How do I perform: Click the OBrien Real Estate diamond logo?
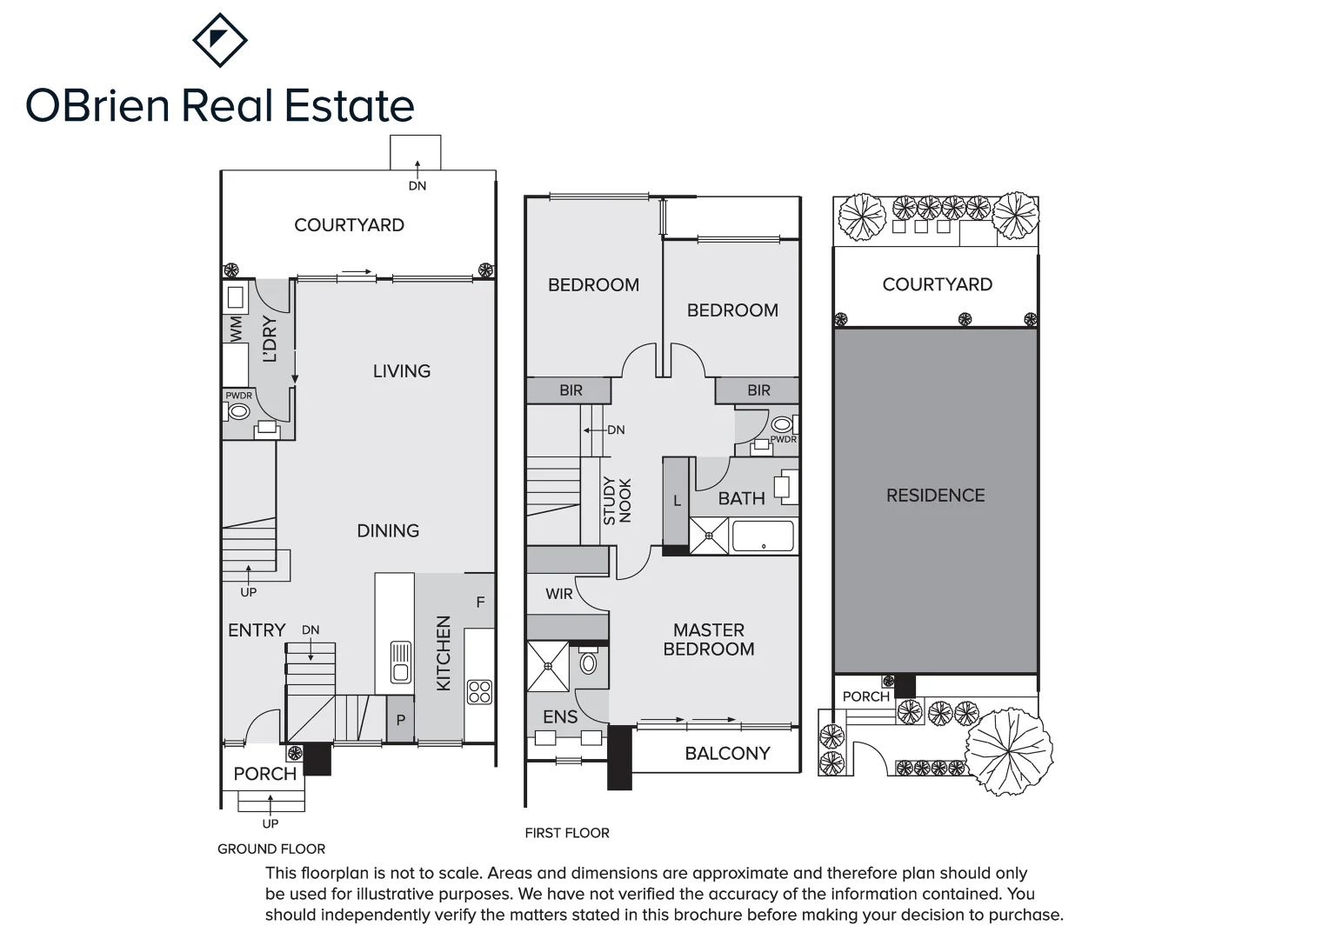[x=219, y=40]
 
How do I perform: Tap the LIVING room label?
[x=402, y=371]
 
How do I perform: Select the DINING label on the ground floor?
[x=388, y=530]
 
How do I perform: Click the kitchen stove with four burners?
[x=479, y=691]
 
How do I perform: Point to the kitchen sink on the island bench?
[x=400, y=662]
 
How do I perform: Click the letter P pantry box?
[x=401, y=720]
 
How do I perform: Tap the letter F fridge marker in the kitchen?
[x=480, y=602]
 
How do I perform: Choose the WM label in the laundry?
[x=236, y=329]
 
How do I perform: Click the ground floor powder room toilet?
[x=239, y=411]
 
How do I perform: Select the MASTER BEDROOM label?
[x=709, y=639]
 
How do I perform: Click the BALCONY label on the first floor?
[x=727, y=754]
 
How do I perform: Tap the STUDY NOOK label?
[x=617, y=501]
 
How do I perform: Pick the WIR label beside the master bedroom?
[x=559, y=594]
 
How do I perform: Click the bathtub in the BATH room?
[x=763, y=536]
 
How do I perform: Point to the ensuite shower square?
[x=548, y=666]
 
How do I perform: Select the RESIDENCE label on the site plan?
[x=935, y=496]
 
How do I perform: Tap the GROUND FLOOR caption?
[x=271, y=849]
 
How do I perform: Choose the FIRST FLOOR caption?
[x=567, y=833]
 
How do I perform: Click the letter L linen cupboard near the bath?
[x=677, y=501]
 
